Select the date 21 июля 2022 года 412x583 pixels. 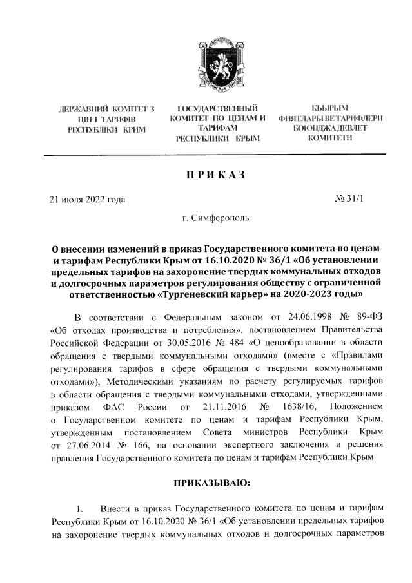point(87,199)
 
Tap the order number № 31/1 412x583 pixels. point(349,198)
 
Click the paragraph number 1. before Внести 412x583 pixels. point(79,508)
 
